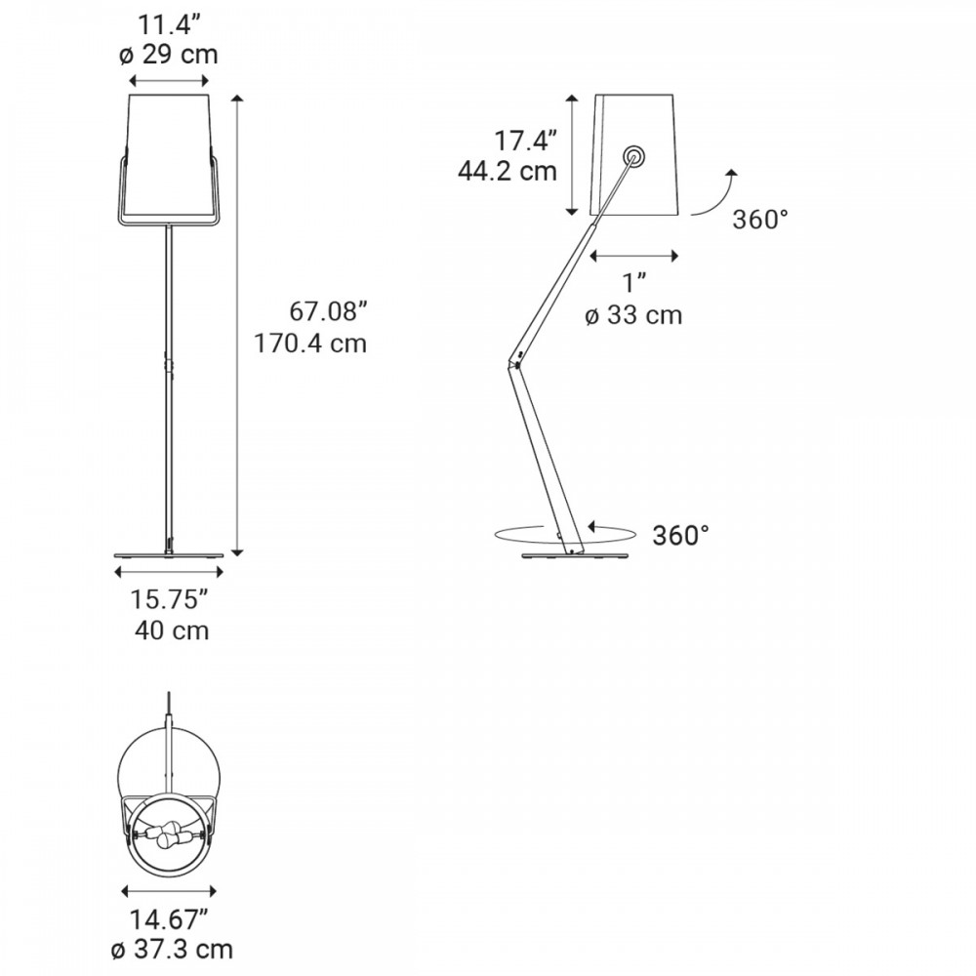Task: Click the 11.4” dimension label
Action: click(169, 25)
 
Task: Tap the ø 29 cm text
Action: click(169, 55)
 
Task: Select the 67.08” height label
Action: click(329, 311)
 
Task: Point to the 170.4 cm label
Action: click(310, 343)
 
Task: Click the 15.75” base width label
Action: click(169, 599)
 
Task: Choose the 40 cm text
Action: click(172, 630)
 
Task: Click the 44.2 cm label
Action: click(508, 171)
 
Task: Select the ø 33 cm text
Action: click(633, 315)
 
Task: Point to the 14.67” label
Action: click(169, 919)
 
